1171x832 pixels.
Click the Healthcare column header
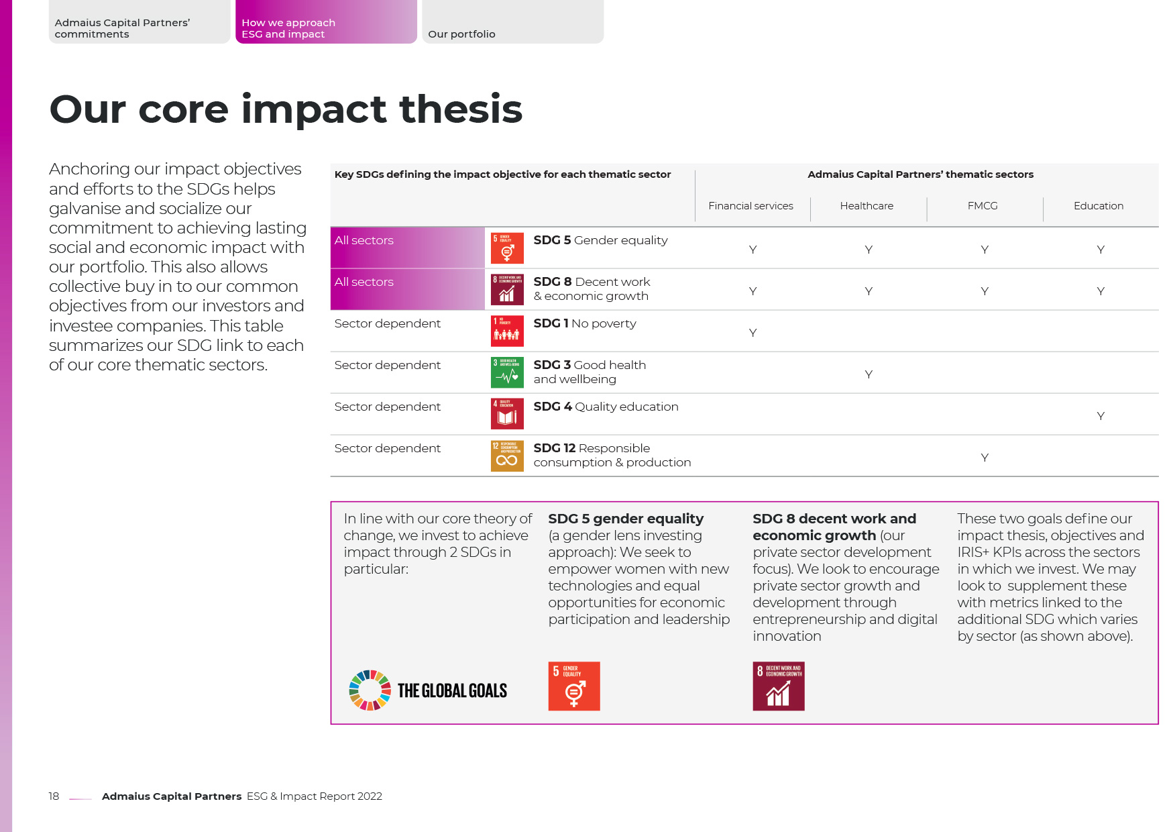click(x=867, y=206)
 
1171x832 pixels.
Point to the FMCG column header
click(x=983, y=206)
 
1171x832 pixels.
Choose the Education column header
click(x=1098, y=206)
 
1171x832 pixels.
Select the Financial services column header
click(x=750, y=206)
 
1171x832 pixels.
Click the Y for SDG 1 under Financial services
click(x=752, y=333)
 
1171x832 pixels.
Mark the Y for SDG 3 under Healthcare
click(x=869, y=374)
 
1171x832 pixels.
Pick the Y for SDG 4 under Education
click(x=1101, y=416)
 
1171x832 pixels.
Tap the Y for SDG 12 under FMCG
click(x=985, y=458)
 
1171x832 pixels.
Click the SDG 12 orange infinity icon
click(x=507, y=456)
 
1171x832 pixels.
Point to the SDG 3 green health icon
click(x=507, y=373)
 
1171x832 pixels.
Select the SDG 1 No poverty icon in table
click(x=507, y=331)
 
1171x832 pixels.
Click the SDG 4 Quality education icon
click(x=507, y=415)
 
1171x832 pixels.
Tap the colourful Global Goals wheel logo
click(x=370, y=690)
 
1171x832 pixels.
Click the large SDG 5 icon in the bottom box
click(x=574, y=686)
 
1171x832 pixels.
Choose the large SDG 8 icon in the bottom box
click(x=778, y=686)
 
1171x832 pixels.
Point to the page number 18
click(x=54, y=796)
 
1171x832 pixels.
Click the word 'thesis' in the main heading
click(x=460, y=109)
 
